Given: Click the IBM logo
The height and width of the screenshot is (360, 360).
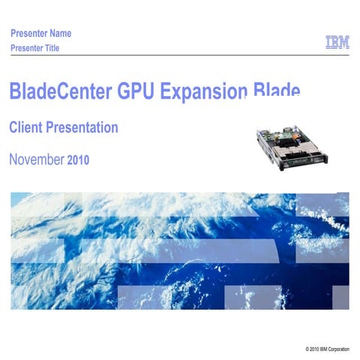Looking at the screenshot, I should click(337, 42).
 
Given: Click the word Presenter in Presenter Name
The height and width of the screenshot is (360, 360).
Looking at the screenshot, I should click(30, 33).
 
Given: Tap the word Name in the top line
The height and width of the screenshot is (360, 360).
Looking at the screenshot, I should click(61, 33).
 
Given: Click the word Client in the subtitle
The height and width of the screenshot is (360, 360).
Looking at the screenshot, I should click(25, 127).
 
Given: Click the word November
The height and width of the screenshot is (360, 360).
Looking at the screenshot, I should click(37, 159).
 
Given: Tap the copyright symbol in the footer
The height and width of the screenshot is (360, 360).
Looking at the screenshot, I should click(307, 350).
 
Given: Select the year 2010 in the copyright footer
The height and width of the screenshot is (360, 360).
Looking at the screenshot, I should click(315, 350).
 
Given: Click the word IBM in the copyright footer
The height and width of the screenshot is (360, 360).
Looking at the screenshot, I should click(325, 350).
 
